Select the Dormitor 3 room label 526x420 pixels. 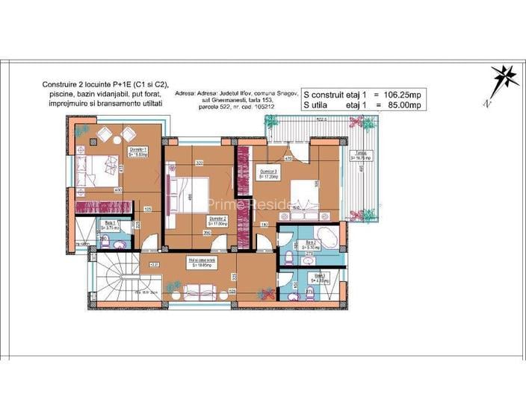(269, 174)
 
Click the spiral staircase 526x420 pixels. (113, 278)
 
